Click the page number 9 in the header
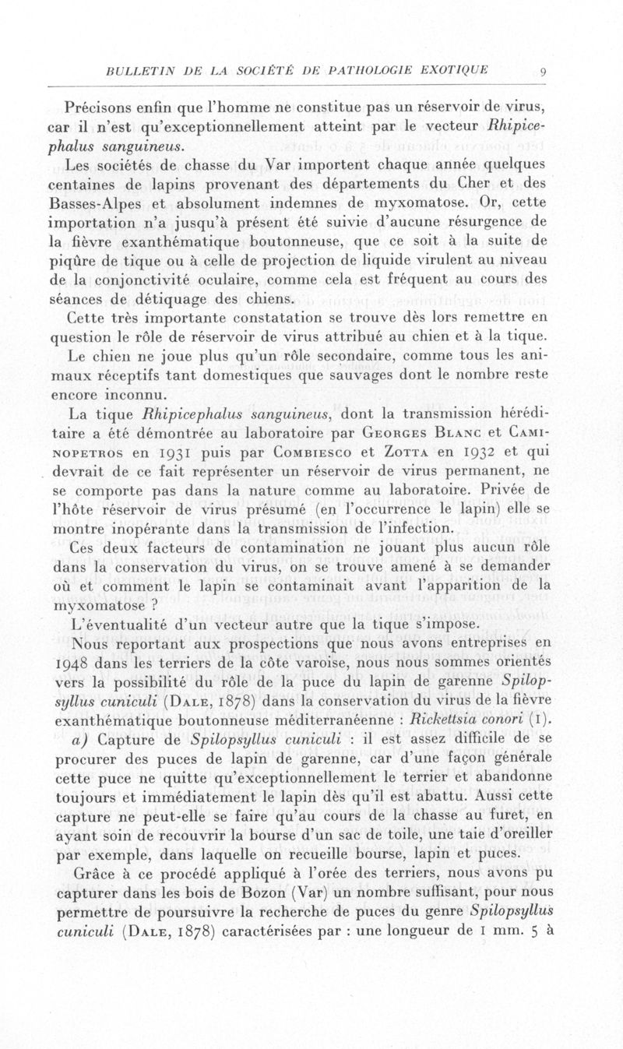coord(544,73)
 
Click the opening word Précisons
coord(103,107)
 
